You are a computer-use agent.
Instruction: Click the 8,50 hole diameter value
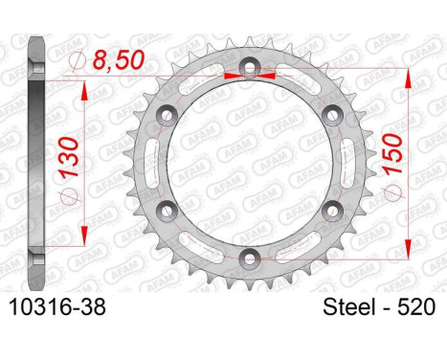coord(119,60)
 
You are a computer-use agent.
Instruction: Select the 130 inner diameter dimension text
coord(70,157)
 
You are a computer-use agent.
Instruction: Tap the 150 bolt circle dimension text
coord(393,153)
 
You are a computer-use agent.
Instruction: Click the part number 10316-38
coord(57,307)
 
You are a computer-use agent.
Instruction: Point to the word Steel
coord(348,307)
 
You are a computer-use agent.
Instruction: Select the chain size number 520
coord(415,307)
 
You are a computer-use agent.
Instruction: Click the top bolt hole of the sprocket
coord(250,67)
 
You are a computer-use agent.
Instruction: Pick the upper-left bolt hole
coord(167,115)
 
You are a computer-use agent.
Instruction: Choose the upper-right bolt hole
coord(333,115)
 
